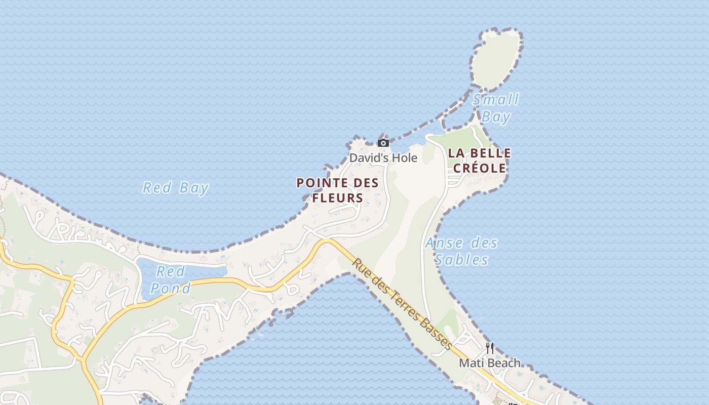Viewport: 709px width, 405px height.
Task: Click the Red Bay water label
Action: point(176,188)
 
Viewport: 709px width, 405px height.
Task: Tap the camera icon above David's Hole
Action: point(383,143)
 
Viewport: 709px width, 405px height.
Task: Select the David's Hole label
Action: point(383,158)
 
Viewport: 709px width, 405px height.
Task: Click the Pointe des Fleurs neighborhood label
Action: point(338,190)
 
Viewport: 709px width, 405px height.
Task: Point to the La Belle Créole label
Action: point(479,160)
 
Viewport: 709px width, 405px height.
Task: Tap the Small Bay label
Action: point(496,108)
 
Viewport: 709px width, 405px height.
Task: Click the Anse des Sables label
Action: point(461,251)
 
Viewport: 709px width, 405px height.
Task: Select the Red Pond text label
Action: point(171,279)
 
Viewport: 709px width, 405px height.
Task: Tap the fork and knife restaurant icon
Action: point(490,348)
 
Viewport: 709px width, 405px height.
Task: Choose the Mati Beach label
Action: point(489,363)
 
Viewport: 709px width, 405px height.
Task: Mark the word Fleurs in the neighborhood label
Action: point(338,198)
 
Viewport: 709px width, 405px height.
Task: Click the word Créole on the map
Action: point(479,168)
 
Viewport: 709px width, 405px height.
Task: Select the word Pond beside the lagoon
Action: point(171,288)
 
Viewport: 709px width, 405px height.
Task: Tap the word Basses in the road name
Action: point(436,335)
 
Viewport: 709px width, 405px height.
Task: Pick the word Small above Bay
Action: point(496,99)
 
